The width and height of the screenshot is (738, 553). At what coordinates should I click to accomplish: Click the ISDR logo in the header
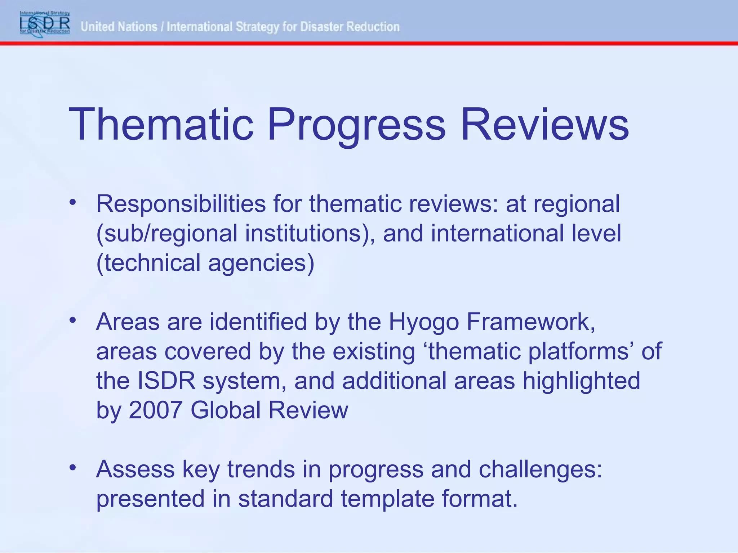click(45, 23)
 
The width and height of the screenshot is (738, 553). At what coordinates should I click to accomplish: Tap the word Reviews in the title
click(544, 124)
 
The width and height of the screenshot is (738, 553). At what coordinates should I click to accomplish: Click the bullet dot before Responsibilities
click(73, 202)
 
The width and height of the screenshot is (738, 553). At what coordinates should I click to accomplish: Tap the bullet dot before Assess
click(73, 468)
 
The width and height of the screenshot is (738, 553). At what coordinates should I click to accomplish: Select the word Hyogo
click(423, 322)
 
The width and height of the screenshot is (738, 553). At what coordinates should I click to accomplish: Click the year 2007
click(155, 410)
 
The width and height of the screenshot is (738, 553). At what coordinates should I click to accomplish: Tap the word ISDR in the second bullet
click(166, 381)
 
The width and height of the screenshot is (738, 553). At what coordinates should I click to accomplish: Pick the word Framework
click(530, 322)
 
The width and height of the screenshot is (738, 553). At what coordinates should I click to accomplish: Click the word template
click(387, 499)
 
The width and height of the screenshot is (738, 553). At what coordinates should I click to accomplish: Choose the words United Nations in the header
click(119, 27)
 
